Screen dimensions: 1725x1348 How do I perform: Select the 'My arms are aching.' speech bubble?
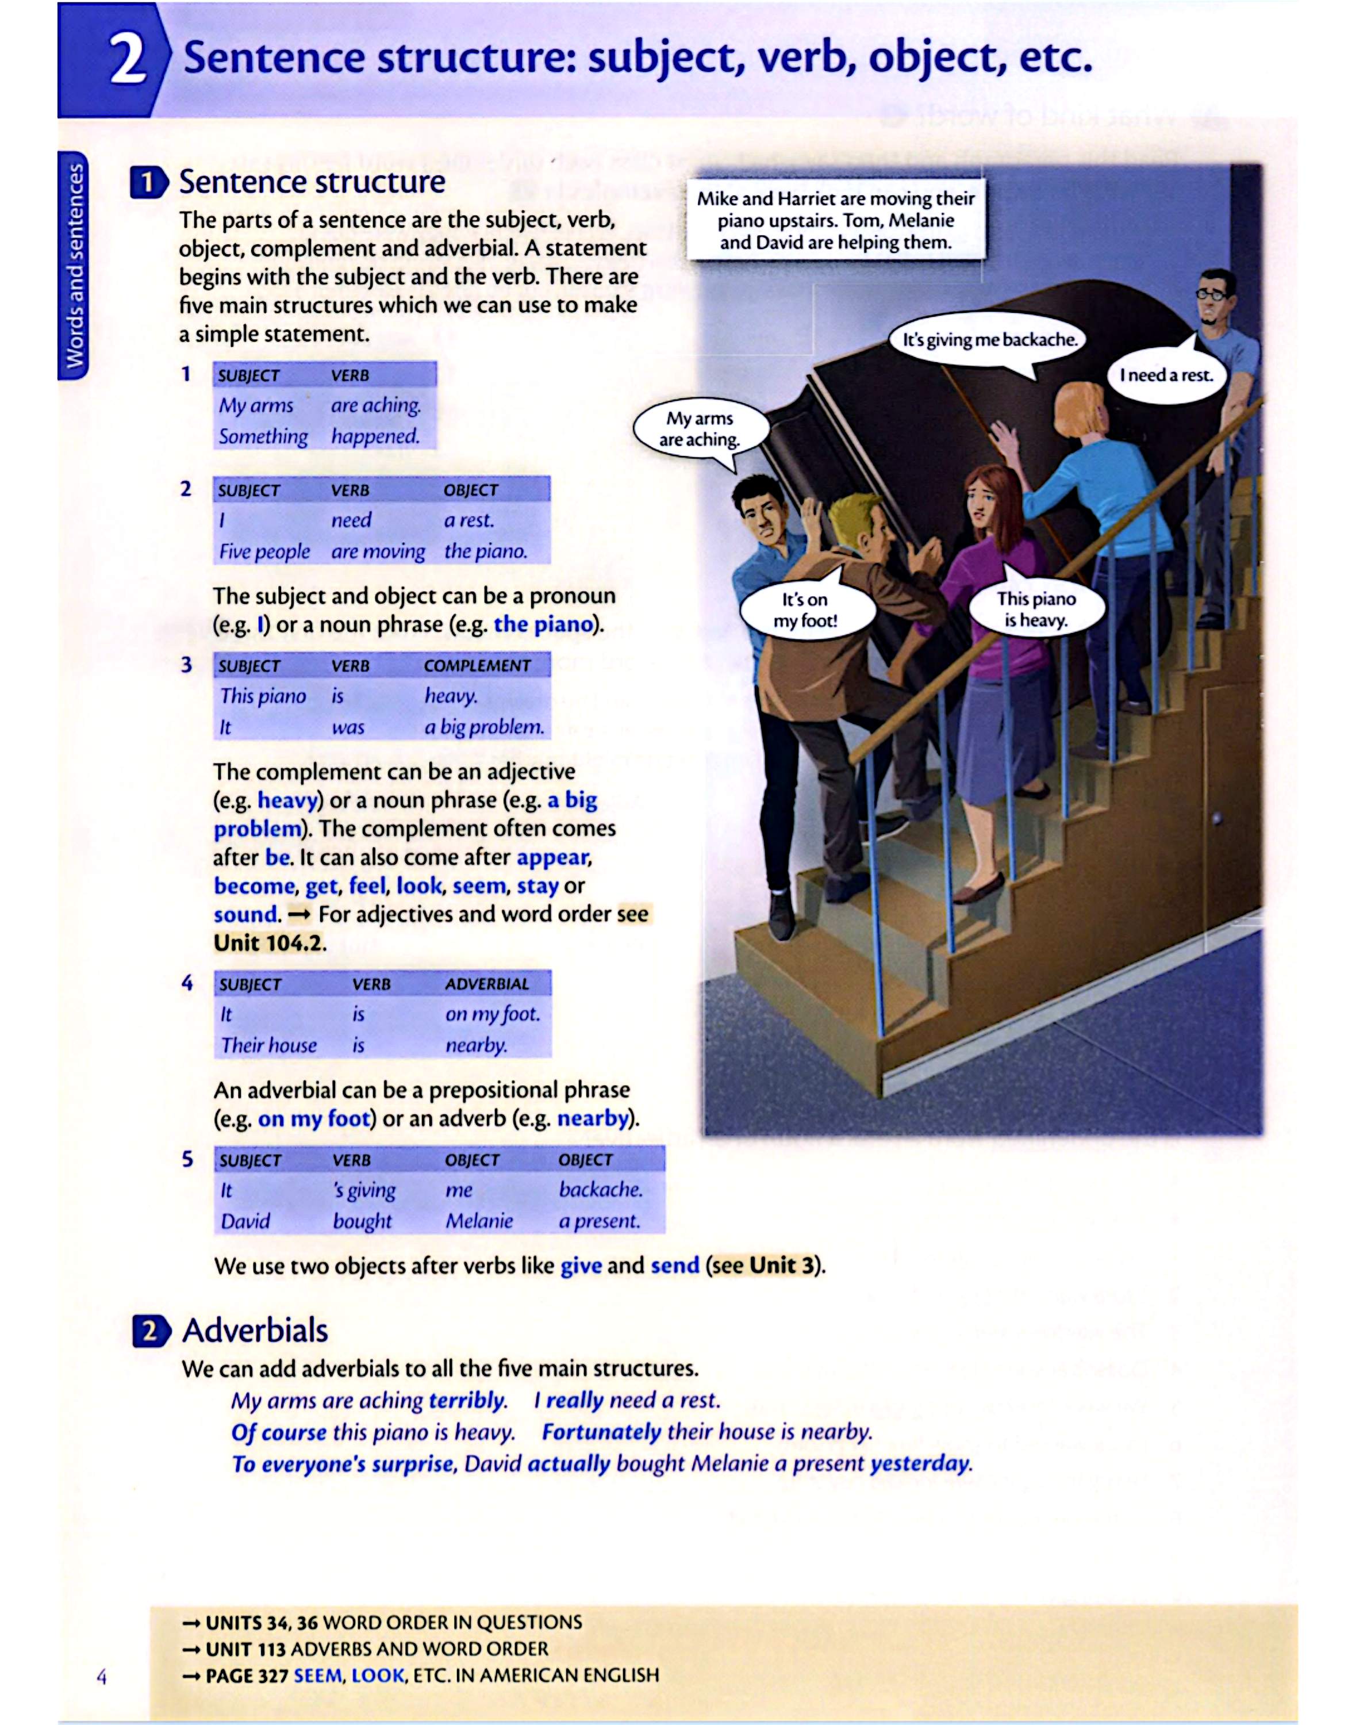[700, 429]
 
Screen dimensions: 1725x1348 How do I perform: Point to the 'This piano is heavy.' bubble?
[1036, 609]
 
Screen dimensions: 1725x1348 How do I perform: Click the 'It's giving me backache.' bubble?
[990, 340]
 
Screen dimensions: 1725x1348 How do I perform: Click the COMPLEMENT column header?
[477, 666]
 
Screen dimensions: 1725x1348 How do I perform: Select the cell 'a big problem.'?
[484, 727]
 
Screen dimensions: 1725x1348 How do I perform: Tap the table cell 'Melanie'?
[478, 1221]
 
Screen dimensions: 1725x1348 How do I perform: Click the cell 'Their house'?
[268, 1046]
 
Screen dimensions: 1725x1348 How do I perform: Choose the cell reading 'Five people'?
[264, 551]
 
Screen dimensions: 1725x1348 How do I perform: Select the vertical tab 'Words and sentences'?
[74, 264]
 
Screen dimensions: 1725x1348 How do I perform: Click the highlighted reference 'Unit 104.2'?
[268, 943]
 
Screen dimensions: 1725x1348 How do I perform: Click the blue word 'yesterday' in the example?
[920, 1463]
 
